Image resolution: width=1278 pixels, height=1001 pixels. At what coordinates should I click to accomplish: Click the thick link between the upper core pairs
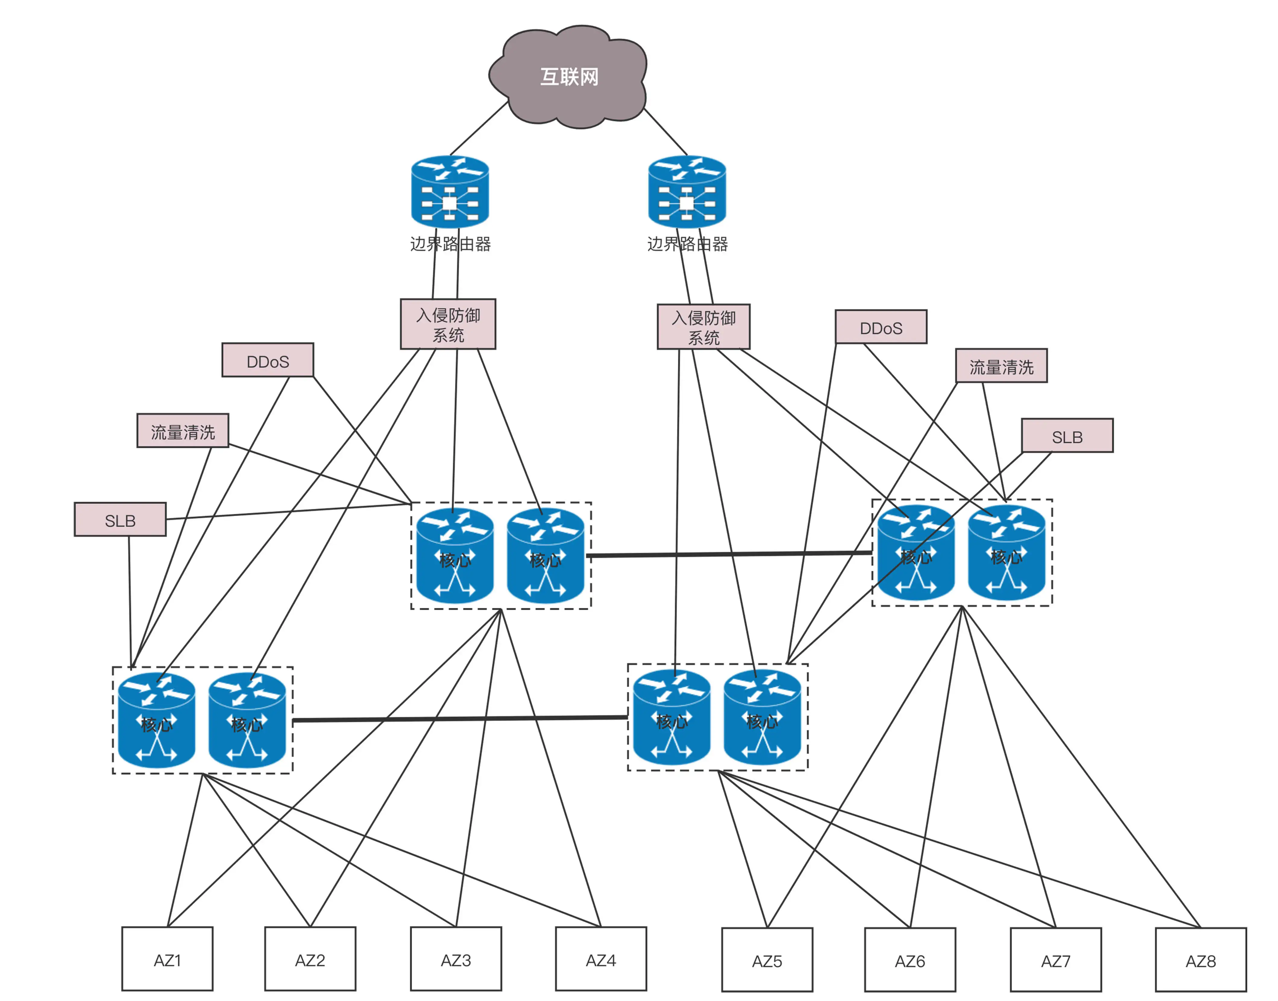coord(730,554)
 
